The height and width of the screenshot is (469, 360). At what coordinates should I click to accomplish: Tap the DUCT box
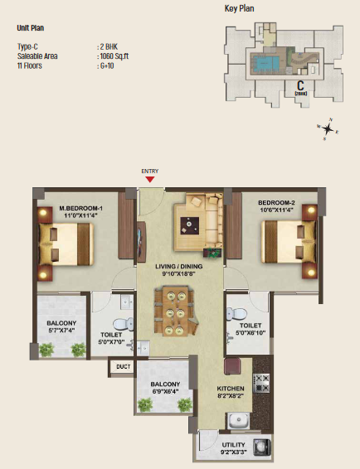pyautogui.click(x=124, y=365)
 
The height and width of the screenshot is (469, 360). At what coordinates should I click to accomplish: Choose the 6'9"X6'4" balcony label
pyautogui.click(x=165, y=389)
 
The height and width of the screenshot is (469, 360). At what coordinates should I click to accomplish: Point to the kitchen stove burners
pyautogui.click(x=262, y=383)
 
